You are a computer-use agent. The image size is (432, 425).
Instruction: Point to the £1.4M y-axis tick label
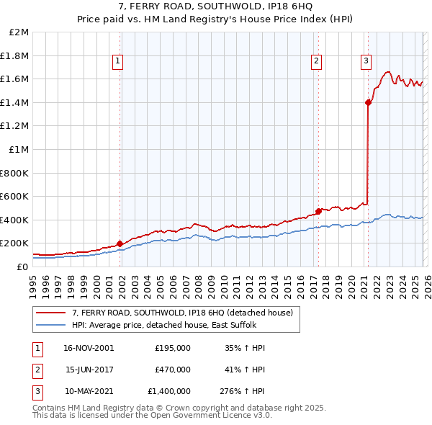tap(15, 102)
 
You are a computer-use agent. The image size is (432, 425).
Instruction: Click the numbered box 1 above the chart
tap(117, 62)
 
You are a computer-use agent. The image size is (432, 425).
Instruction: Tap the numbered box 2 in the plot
tap(316, 62)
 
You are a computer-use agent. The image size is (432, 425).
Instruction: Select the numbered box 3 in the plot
tap(366, 62)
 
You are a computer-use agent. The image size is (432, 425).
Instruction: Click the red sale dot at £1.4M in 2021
tap(368, 102)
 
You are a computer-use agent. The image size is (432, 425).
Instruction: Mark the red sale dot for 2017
tap(318, 212)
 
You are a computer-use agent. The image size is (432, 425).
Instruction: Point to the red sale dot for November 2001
tap(120, 243)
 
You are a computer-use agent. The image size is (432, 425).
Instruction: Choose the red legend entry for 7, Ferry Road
tap(182, 313)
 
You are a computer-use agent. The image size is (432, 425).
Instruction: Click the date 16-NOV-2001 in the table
tap(89, 347)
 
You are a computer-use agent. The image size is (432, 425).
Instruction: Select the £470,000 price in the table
tap(172, 370)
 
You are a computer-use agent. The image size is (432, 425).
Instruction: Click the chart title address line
tap(216, 8)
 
